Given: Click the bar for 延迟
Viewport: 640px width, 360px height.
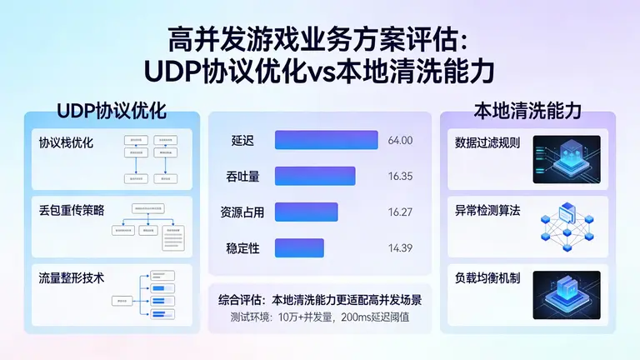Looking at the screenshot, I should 327,140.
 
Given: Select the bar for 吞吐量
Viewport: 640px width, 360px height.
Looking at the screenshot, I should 315,176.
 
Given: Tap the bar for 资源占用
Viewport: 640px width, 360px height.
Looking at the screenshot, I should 306,212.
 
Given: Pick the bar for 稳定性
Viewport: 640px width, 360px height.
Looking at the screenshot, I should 299,247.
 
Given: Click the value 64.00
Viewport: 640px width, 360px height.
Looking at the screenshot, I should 400,140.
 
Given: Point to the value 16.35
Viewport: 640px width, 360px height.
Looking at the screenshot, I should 400,176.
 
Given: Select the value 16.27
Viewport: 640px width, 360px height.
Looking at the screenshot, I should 400,212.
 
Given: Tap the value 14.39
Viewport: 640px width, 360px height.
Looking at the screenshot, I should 400,247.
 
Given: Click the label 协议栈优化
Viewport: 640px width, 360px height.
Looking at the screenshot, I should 67,142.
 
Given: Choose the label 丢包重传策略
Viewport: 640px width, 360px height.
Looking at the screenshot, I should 72,210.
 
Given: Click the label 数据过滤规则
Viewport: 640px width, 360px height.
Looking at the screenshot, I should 487,142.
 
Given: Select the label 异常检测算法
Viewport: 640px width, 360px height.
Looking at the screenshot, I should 487,210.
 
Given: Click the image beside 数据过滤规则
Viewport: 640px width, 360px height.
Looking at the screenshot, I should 567,158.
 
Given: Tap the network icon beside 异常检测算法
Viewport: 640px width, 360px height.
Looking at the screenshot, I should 567,225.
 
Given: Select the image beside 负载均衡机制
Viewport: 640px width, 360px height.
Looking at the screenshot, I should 567,293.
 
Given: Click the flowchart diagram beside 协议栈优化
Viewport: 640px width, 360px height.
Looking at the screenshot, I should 149,158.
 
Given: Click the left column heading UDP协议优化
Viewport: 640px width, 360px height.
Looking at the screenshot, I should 112,111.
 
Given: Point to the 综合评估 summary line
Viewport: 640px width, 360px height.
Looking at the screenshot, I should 320,298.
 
